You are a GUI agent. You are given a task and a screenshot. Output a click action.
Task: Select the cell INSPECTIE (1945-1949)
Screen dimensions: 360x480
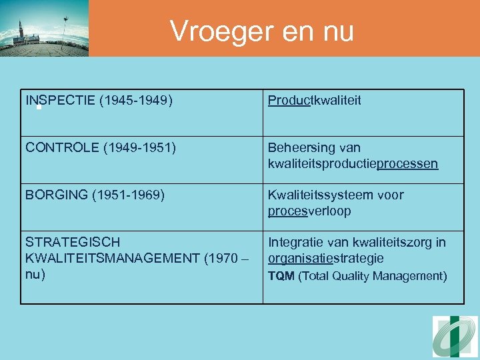[x=99, y=101]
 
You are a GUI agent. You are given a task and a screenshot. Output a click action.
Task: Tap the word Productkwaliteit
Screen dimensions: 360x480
[x=314, y=101]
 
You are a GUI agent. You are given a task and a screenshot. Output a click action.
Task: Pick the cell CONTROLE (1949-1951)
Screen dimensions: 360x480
[x=101, y=148]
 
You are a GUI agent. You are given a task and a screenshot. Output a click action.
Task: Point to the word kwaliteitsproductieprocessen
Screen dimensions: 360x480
[x=353, y=164]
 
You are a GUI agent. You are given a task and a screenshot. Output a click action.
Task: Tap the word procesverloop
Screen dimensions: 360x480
[x=309, y=211]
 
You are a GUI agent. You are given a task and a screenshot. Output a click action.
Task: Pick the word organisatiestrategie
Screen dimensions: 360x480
[x=325, y=258]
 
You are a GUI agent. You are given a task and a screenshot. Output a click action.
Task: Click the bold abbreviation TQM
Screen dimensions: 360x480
[x=281, y=276]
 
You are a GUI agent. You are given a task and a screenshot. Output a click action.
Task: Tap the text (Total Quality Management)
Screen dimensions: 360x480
[x=372, y=276]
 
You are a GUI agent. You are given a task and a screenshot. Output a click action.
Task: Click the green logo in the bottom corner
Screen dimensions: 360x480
[x=455, y=337]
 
